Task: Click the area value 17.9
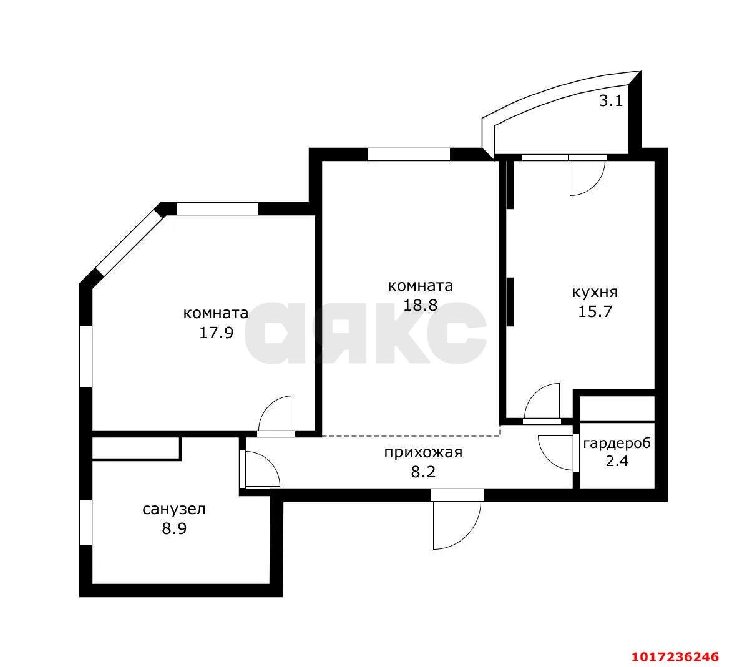[216, 333]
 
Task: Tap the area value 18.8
[420, 305]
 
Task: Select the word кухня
[595, 292]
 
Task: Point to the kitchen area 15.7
[595, 311]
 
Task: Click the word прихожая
[423, 453]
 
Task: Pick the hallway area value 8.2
[423, 472]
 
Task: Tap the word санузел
[174, 509]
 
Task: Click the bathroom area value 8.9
[174, 529]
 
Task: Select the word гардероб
[617, 444]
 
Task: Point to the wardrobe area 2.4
[617, 462]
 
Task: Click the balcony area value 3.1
[610, 101]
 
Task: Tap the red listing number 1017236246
[675, 657]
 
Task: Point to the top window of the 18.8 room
[409, 154]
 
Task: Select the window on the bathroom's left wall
[86, 522]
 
